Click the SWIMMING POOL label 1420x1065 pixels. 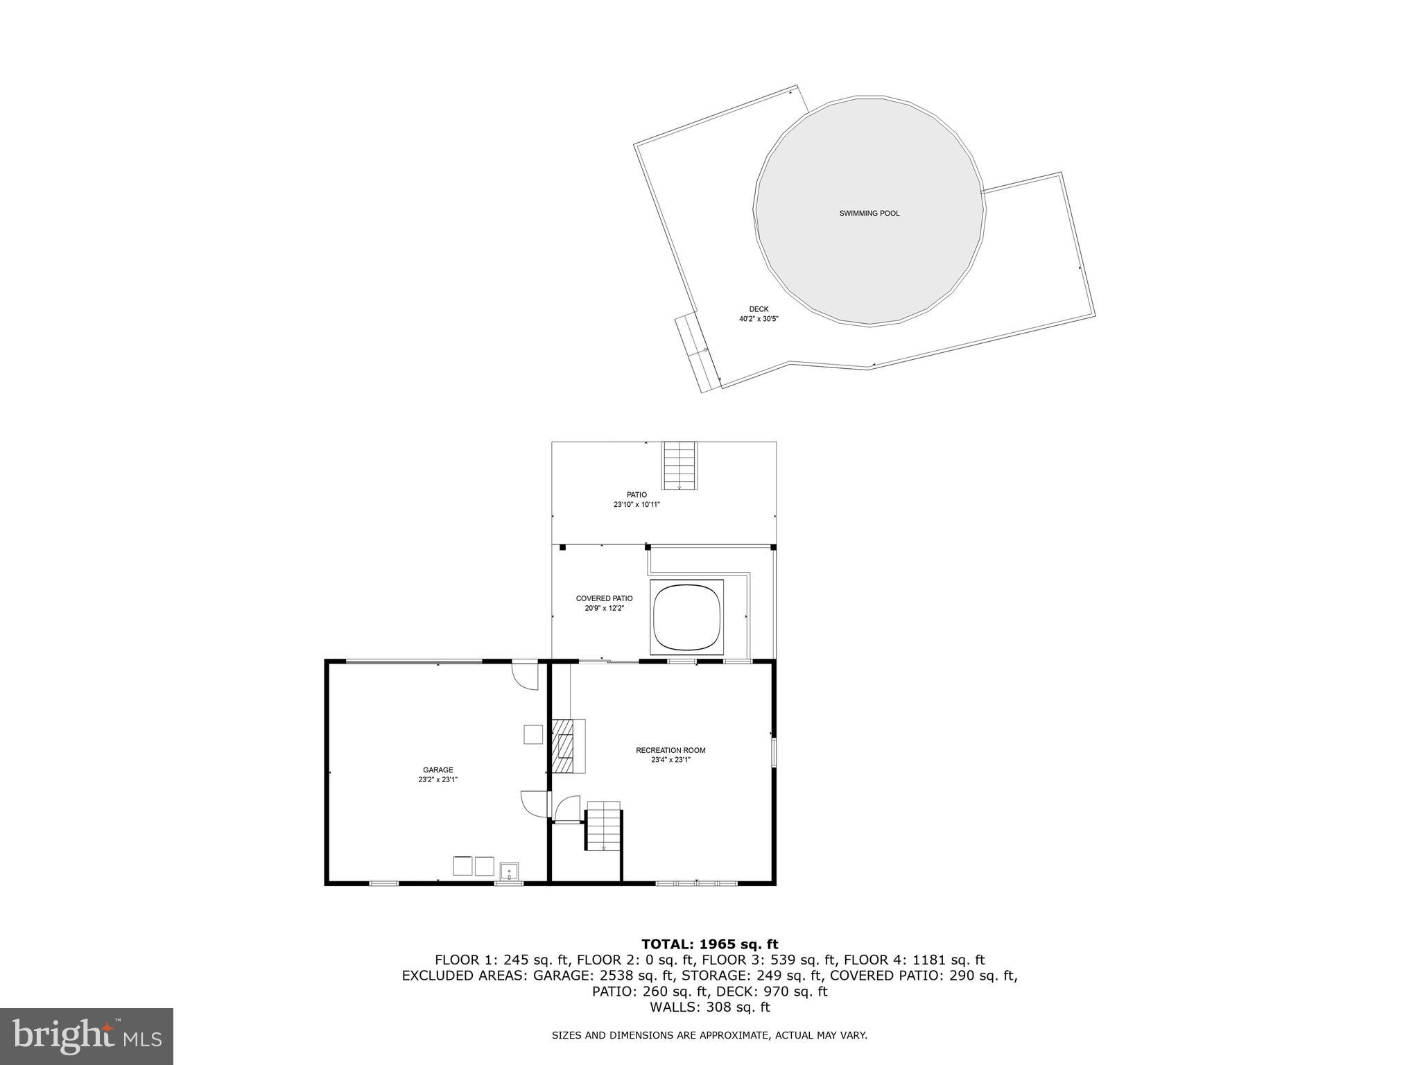click(869, 214)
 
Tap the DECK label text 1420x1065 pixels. click(759, 309)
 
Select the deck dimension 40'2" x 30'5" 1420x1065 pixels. click(759, 319)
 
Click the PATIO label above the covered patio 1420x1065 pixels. click(637, 495)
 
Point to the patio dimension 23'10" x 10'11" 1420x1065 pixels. click(637, 505)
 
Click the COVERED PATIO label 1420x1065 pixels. click(604, 598)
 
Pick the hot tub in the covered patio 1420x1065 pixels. click(686, 616)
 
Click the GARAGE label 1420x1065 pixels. click(438, 770)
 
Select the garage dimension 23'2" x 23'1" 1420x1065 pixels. click(438, 779)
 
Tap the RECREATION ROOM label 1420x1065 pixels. click(670, 750)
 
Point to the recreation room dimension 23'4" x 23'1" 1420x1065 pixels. click(670, 760)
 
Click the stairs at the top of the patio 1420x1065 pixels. click(679, 465)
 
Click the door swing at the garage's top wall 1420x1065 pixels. click(525, 676)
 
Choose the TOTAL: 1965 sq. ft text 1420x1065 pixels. click(709, 944)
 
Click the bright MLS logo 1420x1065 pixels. click(86, 1036)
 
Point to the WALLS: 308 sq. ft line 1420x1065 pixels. click(709, 1007)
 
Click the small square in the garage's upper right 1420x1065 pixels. click(533, 734)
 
